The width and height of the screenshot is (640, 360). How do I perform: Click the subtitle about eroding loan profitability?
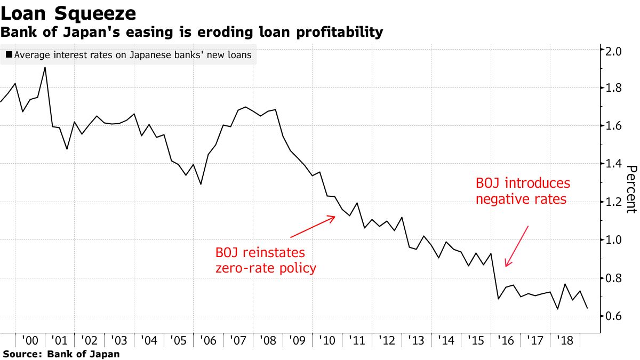pyautogui.click(x=191, y=33)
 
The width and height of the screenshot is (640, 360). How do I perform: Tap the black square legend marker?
pyautogui.click(x=9, y=55)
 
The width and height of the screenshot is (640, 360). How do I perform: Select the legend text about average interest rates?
pyautogui.click(x=133, y=55)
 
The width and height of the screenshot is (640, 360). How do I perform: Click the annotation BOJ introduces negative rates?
pyautogui.click(x=523, y=191)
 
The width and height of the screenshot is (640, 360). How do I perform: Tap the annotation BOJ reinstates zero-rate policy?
pyautogui.click(x=266, y=260)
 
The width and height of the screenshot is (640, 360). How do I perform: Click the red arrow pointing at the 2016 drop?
pyautogui.click(x=516, y=246)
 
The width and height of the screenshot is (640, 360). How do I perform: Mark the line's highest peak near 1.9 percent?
pyautogui.click(x=45, y=68)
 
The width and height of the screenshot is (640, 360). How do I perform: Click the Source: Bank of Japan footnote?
pyautogui.click(x=61, y=354)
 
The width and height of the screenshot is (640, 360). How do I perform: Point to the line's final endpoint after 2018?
pyautogui.click(x=587, y=308)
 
